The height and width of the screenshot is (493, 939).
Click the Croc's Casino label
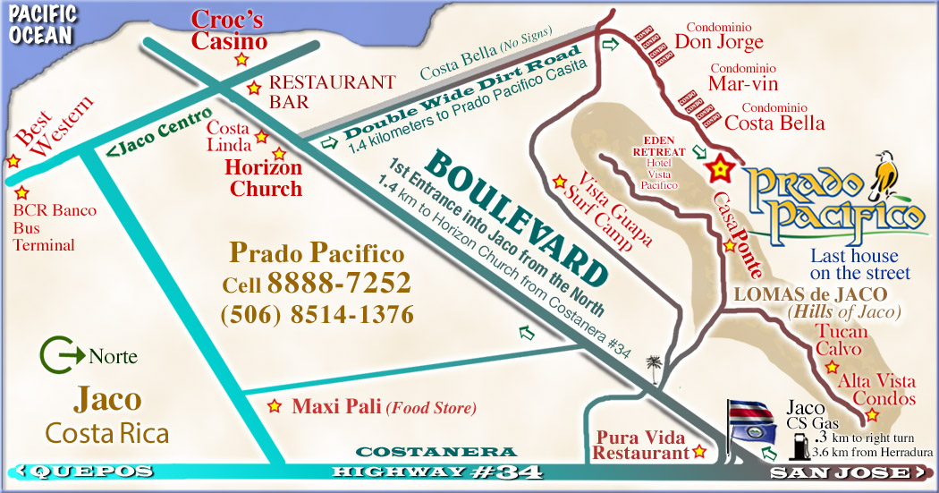[x=230, y=30]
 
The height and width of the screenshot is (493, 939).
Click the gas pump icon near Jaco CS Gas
[x=795, y=445]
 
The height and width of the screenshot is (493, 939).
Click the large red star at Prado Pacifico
[x=718, y=167]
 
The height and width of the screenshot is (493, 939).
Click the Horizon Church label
[x=265, y=178]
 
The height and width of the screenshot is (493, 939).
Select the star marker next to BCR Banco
[x=22, y=192]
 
